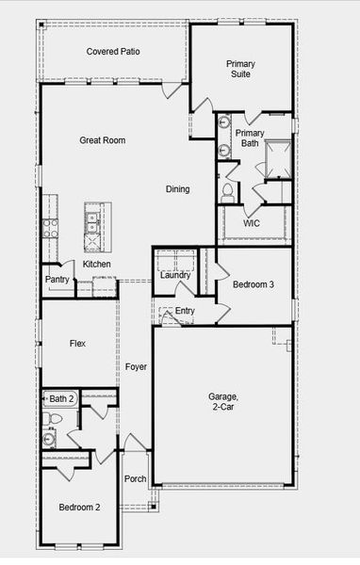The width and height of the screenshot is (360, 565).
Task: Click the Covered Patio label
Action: pyautogui.click(x=113, y=51)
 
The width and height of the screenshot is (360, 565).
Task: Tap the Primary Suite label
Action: pyautogui.click(x=240, y=69)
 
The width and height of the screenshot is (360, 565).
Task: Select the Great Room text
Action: pyautogui.click(x=102, y=140)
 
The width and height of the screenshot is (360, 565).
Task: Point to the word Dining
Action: pyautogui.click(x=178, y=189)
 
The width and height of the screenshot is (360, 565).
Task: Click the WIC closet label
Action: pyautogui.click(x=252, y=223)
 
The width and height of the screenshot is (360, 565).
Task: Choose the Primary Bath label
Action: pyautogui.click(x=250, y=138)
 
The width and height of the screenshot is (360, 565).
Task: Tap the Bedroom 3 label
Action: pyautogui.click(x=254, y=284)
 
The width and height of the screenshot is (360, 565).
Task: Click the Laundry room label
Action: pyautogui.click(x=175, y=275)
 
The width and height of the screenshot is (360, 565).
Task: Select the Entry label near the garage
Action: pyautogui.click(x=185, y=311)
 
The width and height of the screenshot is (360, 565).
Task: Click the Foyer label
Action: pyautogui.click(x=136, y=366)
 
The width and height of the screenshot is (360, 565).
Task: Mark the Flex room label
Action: pyautogui.click(x=77, y=344)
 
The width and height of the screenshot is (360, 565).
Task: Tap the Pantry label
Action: pyautogui.click(x=57, y=280)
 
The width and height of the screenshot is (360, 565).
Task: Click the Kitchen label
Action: pyautogui.click(x=96, y=265)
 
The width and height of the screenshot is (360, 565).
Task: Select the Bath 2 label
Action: pyautogui.click(x=62, y=400)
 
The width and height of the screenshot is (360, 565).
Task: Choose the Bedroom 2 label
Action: pyautogui.click(x=79, y=508)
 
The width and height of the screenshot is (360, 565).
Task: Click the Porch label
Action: pyautogui.click(x=136, y=478)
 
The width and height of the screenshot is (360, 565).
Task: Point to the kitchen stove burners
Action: pyautogui.click(x=49, y=227)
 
